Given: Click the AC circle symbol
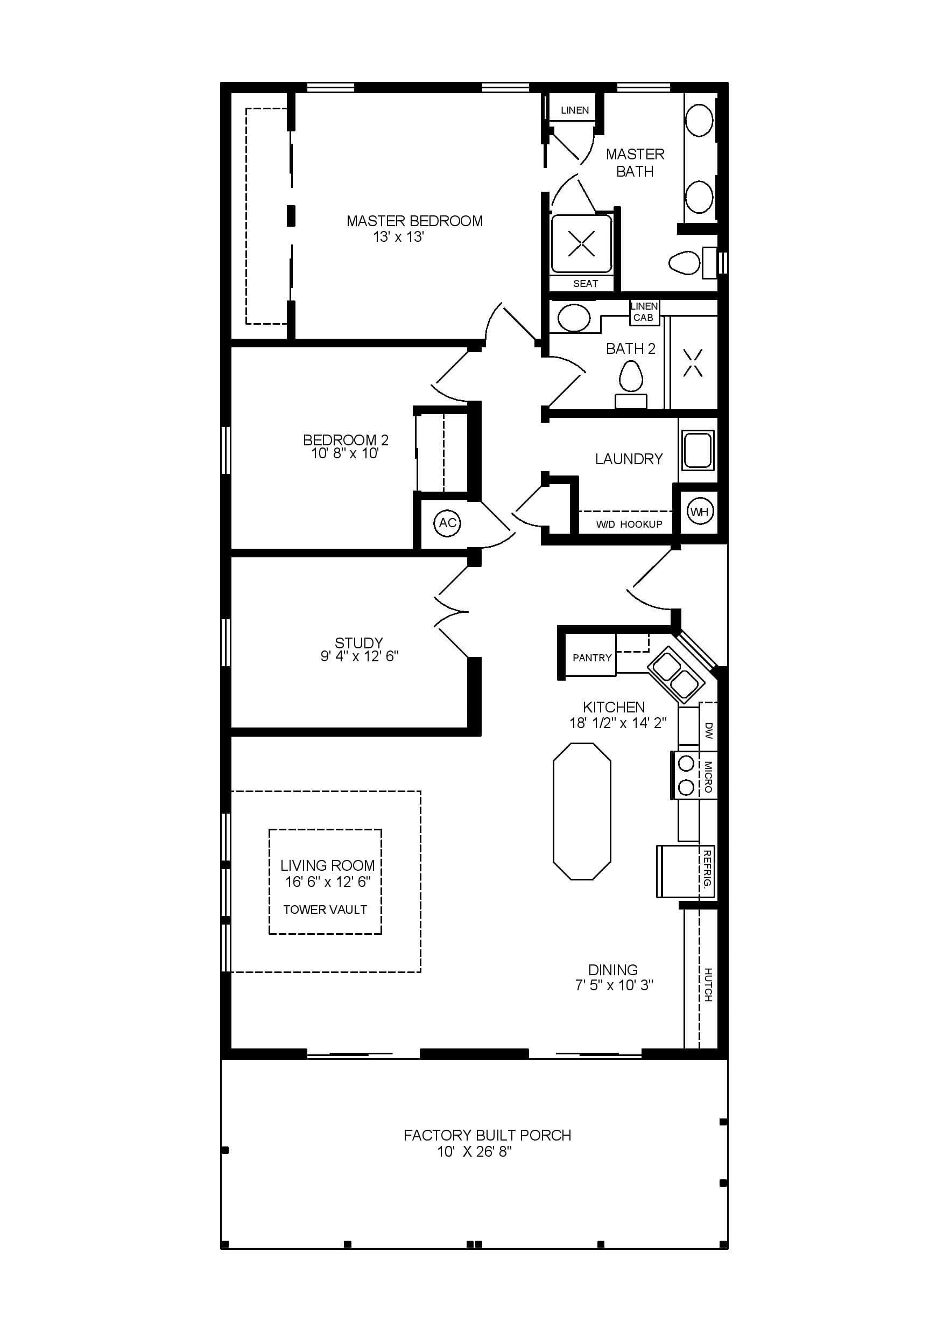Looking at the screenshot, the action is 447,523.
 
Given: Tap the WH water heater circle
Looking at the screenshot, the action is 700,512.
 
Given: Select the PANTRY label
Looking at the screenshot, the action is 592,657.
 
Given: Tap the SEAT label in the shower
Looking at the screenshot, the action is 585,284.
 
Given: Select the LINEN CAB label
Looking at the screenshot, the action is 644,312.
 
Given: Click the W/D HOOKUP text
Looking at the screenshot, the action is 629,524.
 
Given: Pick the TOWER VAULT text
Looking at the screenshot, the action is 325,910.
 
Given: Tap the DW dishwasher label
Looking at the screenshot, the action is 708,731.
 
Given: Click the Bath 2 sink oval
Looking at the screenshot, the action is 575,318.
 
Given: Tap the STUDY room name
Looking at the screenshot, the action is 359,643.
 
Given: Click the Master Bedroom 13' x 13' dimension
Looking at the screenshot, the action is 399,237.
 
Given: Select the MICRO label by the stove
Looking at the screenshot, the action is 708,777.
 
